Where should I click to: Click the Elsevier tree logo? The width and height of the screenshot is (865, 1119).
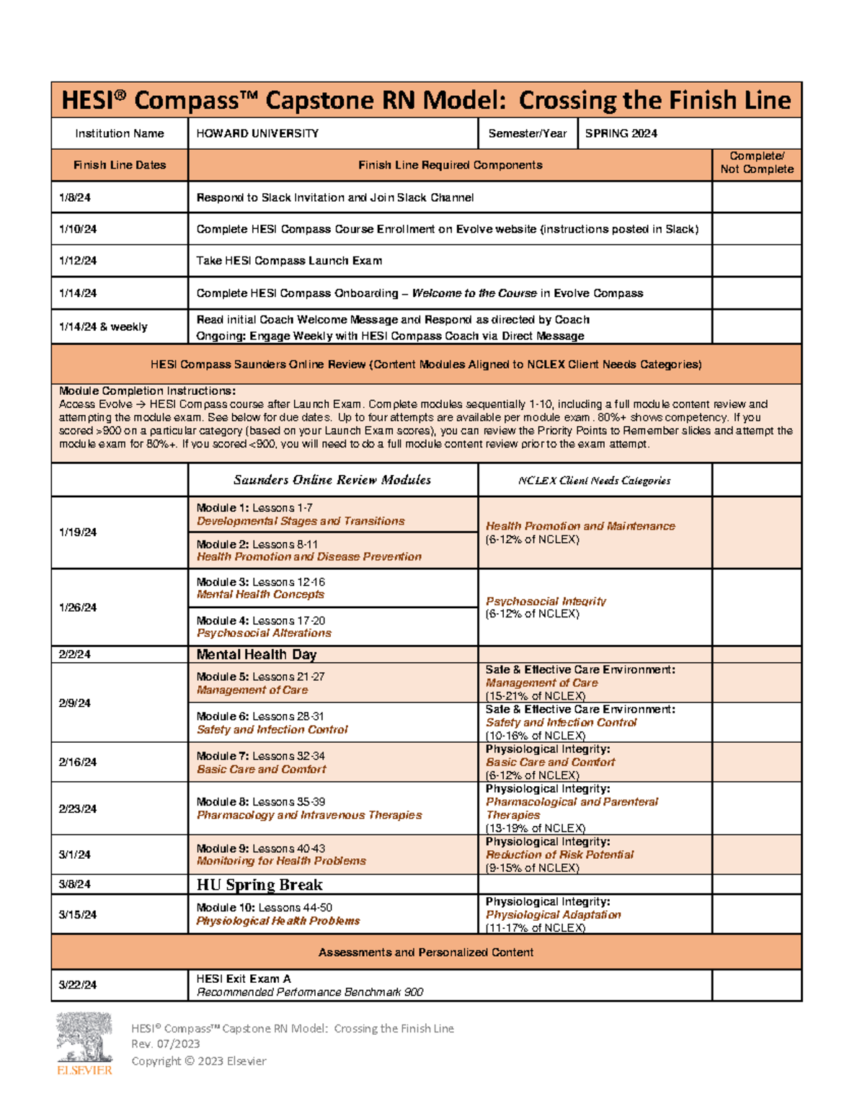84,1038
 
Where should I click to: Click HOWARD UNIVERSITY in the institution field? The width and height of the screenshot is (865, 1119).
257,133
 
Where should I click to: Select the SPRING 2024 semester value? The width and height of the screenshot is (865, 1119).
621,133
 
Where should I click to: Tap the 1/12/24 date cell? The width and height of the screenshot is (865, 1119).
79,261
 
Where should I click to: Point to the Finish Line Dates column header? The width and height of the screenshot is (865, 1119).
120,165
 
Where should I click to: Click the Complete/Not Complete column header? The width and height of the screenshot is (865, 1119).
756,163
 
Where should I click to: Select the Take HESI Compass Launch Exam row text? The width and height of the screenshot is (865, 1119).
289,261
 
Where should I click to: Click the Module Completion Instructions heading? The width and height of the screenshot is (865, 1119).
147,391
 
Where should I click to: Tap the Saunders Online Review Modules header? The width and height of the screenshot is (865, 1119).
332,480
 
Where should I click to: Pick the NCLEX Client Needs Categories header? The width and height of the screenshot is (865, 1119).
594,481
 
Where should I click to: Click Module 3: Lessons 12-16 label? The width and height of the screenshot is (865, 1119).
260,581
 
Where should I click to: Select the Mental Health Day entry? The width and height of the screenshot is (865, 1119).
257,654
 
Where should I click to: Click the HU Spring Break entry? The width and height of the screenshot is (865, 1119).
259,885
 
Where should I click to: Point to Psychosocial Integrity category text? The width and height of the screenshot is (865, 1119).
546,601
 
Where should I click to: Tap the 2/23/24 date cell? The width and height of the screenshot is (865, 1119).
78,808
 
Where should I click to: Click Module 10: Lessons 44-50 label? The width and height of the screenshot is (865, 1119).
264,908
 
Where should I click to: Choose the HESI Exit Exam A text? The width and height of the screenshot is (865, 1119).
244,978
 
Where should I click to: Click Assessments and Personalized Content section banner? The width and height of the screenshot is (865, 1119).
426,953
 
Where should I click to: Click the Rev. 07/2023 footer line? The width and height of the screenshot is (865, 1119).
166,1044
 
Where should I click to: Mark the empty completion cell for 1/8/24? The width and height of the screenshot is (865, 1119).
756,197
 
